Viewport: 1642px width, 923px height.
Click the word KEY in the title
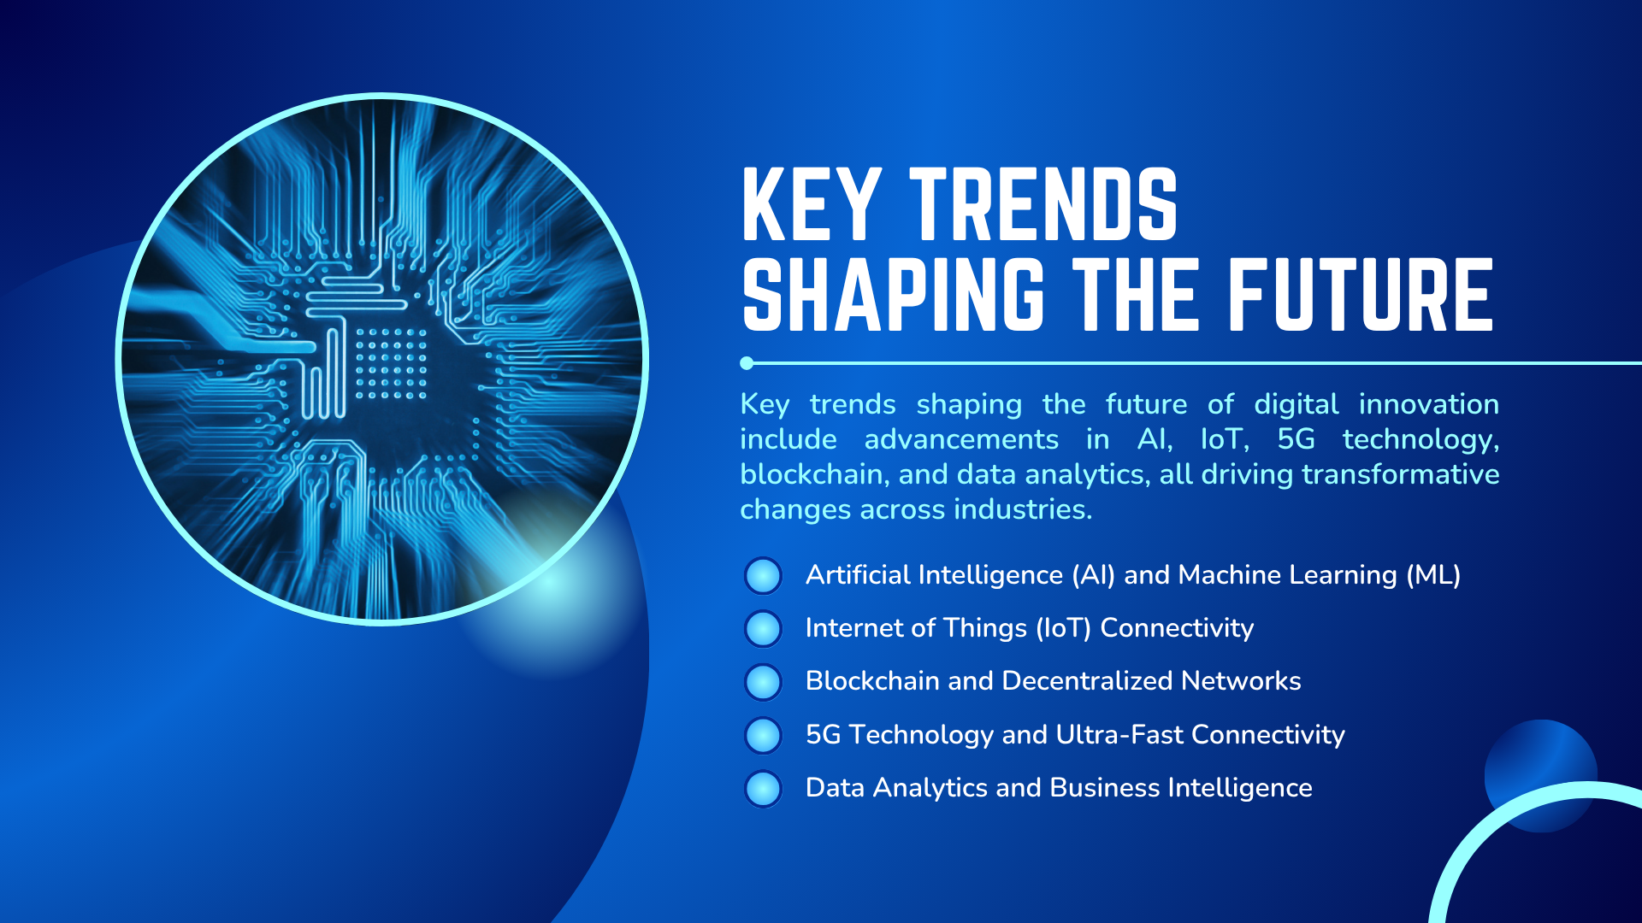[x=811, y=204]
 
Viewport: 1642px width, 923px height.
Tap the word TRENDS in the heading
[x=1043, y=204]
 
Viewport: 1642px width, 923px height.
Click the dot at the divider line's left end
[x=747, y=363]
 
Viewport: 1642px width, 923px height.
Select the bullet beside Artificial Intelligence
[x=763, y=575]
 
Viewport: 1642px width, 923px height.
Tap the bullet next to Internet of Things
[x=763, y=628]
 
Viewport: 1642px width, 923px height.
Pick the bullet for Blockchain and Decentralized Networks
[x=763, y=682]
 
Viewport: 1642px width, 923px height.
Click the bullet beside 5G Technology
[x=763, y=735]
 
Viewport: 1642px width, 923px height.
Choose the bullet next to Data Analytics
[x=763, y=788]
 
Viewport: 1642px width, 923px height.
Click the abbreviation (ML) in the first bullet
[x=1433, y=575]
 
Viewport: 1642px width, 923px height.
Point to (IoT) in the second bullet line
[x=1063, y=628]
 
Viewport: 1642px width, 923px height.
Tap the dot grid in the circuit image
[x=391, y=364]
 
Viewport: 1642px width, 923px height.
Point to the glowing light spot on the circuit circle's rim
[x=552, y=581]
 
